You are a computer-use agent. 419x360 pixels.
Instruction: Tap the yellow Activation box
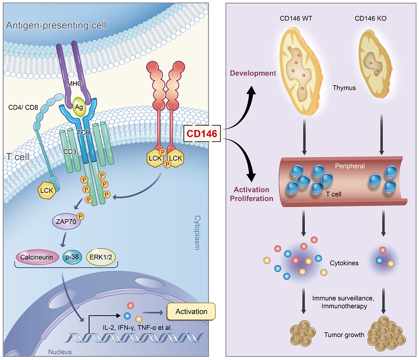pyautogui.click(x=191, y=312)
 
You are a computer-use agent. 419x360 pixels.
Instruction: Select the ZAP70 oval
pyautogui.click(x=66, y=221)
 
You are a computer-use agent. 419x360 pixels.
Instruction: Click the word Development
pyautogui.click(x=253, y=73)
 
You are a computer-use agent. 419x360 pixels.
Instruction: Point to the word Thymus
pyautogui.click(x=344, y=88)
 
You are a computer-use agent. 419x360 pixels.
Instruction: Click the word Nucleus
pyautogui.click(x=59, y=352)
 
